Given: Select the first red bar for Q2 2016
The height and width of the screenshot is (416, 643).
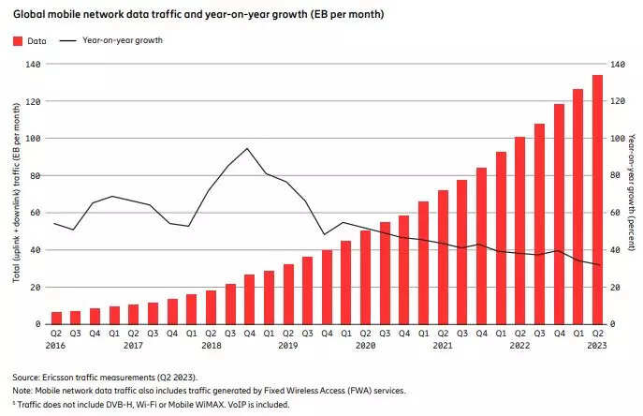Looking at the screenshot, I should coord(57,318).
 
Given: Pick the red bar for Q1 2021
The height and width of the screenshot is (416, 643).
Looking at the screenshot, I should coord(423,262).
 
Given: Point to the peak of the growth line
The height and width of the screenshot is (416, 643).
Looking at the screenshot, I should coord(247,148).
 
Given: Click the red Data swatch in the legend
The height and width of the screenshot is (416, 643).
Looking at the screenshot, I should coord(18,41).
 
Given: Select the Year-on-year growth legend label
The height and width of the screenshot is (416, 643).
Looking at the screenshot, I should coord(122,41).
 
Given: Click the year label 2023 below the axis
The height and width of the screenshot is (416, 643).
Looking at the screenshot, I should coord(596,345).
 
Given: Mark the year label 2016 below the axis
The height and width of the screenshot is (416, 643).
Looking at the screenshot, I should coord(56,345).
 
